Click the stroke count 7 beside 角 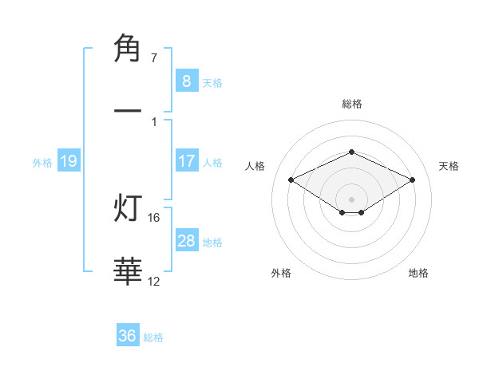pos(154,58)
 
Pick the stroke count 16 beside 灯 pos(156,217)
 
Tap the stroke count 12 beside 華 pos(154,281)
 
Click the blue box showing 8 pos(187,81)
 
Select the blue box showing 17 pos(187,160)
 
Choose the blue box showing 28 pos(187,240)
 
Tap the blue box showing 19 pos(69,161)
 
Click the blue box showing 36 pos(128,336)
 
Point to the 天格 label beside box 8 pos(212,82)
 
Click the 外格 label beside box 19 pos(42,162)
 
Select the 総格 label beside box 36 pos(153,337)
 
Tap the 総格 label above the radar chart pos(351,104)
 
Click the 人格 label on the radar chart pos(255,166)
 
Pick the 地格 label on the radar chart pos(418,273)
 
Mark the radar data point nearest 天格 pos(412,180)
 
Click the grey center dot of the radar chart pos(351,199)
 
